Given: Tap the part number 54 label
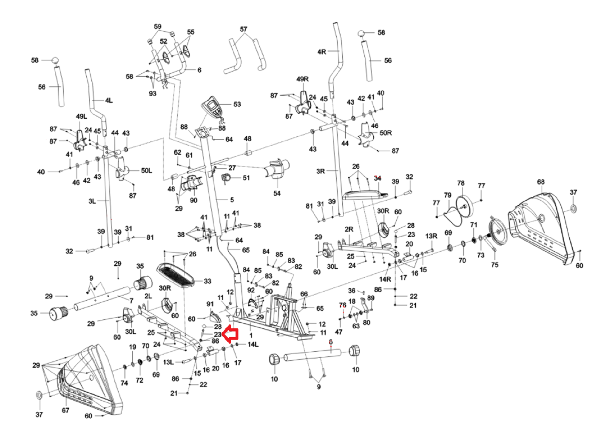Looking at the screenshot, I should pyautogui.click(x=277, y=193).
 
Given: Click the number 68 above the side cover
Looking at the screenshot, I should pyautogui.click(x=541, y=182).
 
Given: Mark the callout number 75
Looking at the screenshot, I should pyautogui.click(x=494, y=265).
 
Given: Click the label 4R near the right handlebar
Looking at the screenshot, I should pyautogui.click(x=322, y=52).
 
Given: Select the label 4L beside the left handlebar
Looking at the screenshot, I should pyautogui.click(x=109, y=100).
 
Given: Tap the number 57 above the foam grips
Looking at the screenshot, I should pyautogui.click(x=243, y=29).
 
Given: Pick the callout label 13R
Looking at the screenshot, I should pyautogui.click(x=431, y=236).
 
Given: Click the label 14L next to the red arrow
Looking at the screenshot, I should pyautogui.click(x=253, y=344).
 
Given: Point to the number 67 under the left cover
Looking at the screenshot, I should pyautogui.click(x=65, y=410).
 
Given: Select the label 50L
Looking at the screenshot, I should pyautogui.click(x=146, y=170).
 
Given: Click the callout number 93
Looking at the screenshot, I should pyautogui.click(x=152, y=93).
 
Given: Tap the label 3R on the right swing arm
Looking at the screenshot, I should pyautogui.click(x=321, y=171).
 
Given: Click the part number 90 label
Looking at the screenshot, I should pyautogui.click(x=194, y=200).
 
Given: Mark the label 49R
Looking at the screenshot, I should pyautogui.click(x=302, y=79).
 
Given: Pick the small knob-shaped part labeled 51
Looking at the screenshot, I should pyautogui.click(x=227, y=178).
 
